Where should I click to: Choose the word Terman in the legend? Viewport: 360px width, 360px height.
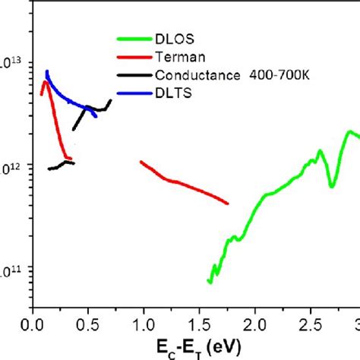click(176, 57)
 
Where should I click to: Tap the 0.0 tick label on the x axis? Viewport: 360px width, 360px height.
click(33, 323)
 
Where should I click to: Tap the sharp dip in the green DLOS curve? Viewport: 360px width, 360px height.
click(332, 185)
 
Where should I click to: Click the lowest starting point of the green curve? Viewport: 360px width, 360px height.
click(210, 282)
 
